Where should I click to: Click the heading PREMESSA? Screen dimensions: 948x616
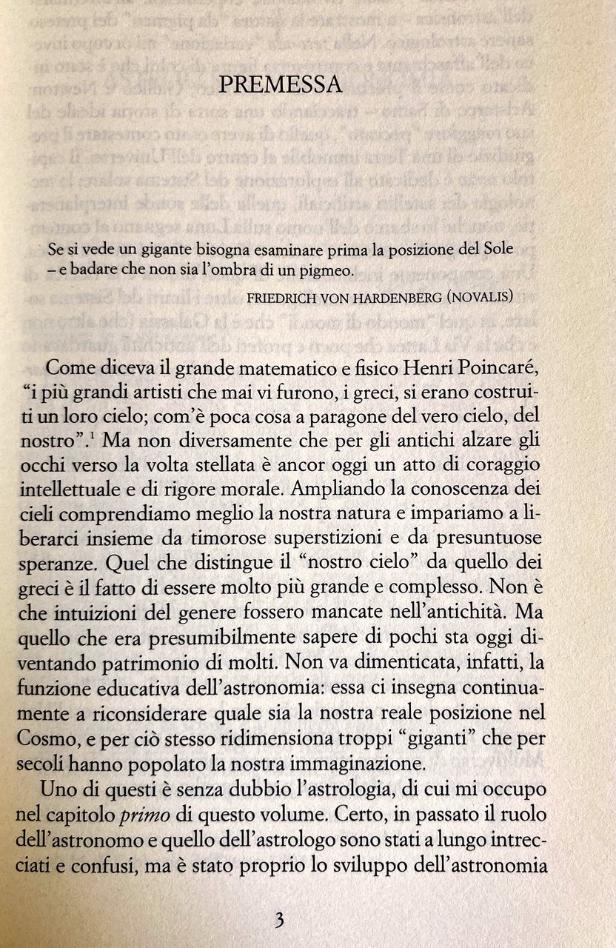pos(281,85)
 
